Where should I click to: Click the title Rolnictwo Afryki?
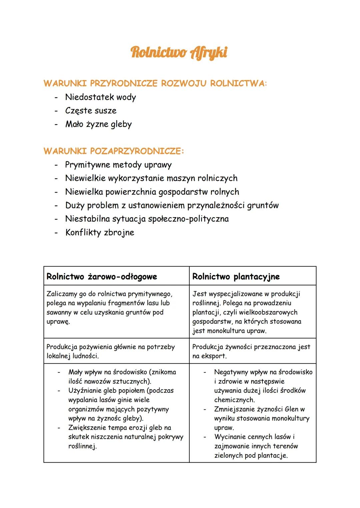179,53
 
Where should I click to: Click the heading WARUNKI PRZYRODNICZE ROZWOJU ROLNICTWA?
155,83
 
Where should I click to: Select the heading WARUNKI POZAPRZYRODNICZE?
113,151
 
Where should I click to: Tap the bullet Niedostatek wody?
100,97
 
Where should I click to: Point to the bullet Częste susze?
91,111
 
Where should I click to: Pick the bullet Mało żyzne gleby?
98,124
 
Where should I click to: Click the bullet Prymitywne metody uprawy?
118,165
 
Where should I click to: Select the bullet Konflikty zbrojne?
100,233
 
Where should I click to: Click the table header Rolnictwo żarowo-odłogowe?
102,276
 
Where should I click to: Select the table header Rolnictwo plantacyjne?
236,276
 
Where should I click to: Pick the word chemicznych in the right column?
234,400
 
